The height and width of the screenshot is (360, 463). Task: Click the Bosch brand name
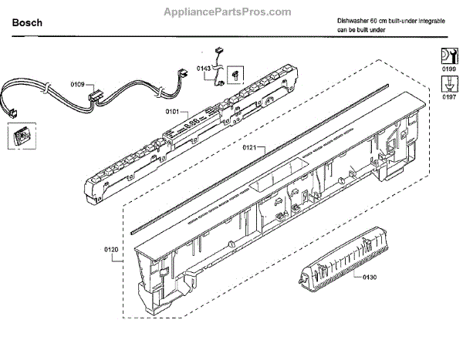pos(27,24)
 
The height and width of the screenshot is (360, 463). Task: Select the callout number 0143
pos(203,69)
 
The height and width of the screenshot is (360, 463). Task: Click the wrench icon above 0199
pos(448,55)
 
